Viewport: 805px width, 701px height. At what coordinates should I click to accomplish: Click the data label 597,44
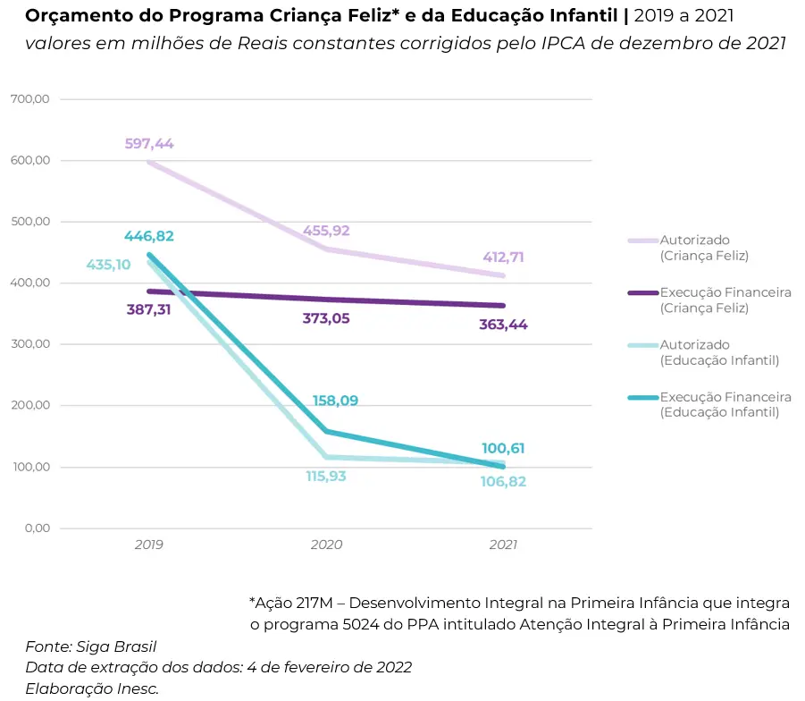pyautogui.click(x=149, y=143)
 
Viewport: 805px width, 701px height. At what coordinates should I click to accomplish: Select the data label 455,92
pyautogui.click(x=326, y=230)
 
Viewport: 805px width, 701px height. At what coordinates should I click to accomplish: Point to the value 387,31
pyautogui.click(x=149, y=309)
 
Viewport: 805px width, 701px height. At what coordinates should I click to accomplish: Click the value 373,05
pyautogui.click(x=326, y=318)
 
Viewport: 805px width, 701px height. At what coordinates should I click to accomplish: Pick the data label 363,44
pyautogui.click(x=503, y=325)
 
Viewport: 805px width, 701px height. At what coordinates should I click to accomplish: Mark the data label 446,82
pyautogui.click(x=149, y=236)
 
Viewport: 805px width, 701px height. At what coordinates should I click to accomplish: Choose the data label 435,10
pyautogui.click(x=108, y=265)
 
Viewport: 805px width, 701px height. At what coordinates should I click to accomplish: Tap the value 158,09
pyautogui.click(x=335, y=401)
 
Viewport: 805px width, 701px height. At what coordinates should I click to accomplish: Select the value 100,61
pyautogui.click(x=504, y=448)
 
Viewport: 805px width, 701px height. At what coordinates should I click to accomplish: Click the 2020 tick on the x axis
pyautogui.click(x=326, y=544)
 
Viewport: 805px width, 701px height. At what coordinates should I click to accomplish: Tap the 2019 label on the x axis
pyautogui.click(x=149, y=544)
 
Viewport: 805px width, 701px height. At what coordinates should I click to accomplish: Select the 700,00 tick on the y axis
pyautogui.click(x=29, y=99)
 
